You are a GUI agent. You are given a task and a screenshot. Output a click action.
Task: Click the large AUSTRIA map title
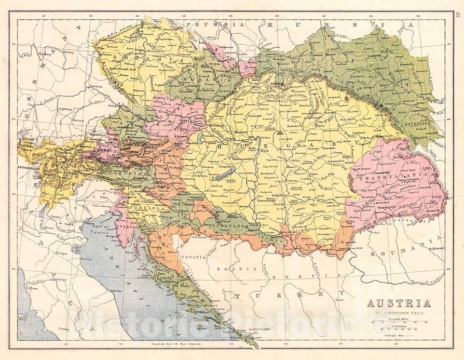coord(399,304)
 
